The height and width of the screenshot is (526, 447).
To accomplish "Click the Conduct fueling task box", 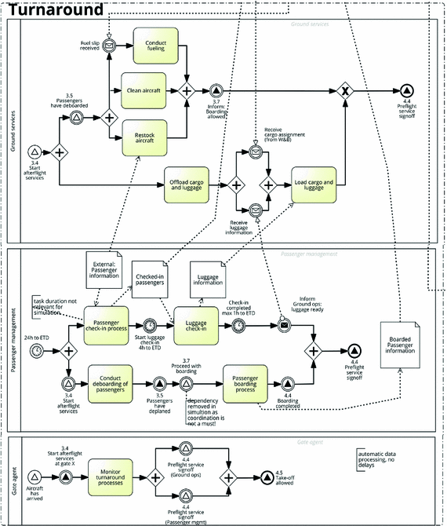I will click(x=156, y=47).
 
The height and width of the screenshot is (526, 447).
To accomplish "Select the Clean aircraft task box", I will click(x=144, y=90).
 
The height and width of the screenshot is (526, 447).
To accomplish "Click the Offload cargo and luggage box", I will click(x=187, y=184).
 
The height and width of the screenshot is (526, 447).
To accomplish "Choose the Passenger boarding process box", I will click(x=245, y=383).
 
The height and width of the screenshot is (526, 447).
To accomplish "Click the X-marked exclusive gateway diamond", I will click(x=345, y=91).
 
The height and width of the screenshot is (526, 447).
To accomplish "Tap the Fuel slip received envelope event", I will click(x=109, y=47).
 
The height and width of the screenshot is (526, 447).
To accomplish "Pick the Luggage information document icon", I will click(x=208, y=278).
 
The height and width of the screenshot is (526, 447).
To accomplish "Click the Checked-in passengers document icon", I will click(x=151, y=279).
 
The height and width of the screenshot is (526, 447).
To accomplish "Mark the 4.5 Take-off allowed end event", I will click(x=269, y=477).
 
